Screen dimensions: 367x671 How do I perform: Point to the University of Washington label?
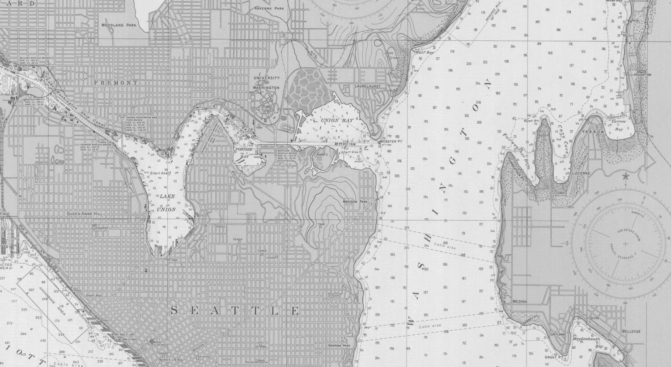pyautogui.click(x=267, y=82)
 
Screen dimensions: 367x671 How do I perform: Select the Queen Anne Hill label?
pyautogui.click(x=85, y=214)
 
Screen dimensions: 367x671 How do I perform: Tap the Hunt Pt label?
pyautogui.click(x=532, y=121)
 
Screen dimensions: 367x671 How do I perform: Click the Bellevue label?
pyautogui.click(x=631, y=331)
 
